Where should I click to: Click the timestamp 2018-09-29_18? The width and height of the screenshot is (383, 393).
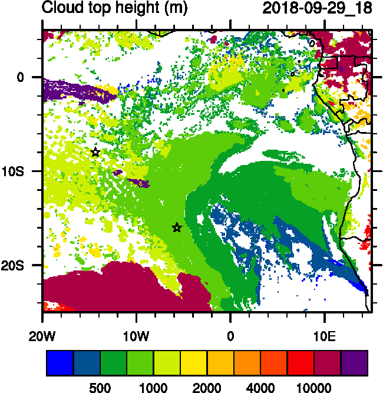pyautogui.click(x=317, y=8)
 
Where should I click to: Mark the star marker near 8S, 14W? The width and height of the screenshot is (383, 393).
pyautogui.click(x=95, y=152)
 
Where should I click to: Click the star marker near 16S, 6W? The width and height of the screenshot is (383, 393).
pyautogui.click(x=177, y=227)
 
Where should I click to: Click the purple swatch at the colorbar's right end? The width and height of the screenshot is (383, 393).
pyautogui.click(x=355, y=363)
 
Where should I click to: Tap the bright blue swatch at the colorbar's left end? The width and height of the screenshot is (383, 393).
pyautogui.click(x=60, y=363)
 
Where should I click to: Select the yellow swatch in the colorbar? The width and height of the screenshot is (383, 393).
pyautogui.click(x=194, y=363)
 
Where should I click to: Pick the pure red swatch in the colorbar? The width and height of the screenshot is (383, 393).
pyautogui.click(x=301, y=363)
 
